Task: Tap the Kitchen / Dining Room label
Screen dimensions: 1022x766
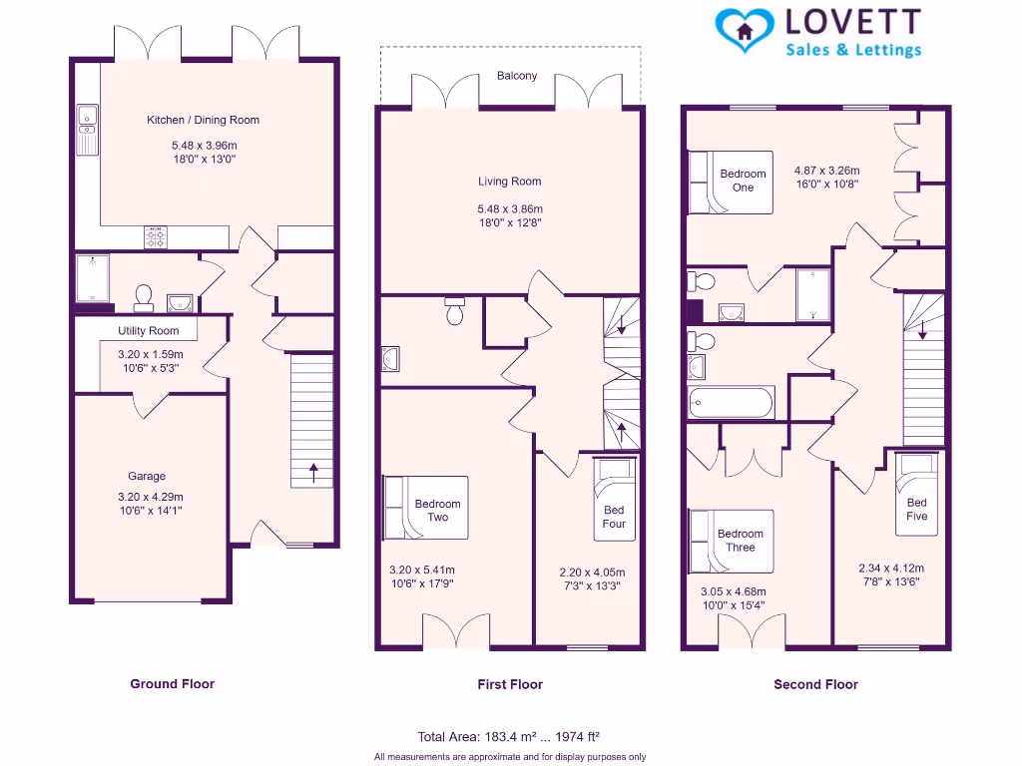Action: click(203, 120)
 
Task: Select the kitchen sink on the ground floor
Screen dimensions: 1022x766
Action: click(88, 131)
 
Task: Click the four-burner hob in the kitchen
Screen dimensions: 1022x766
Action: click(155, 237)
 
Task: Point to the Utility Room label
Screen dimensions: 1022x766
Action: click(148, 331)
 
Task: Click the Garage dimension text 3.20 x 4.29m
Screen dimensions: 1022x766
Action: click(151, 497)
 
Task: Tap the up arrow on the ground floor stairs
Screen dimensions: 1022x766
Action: click(313, 472)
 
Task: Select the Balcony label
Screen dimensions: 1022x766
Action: click(517, 76)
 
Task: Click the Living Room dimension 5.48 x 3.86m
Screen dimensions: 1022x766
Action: click(510, 209)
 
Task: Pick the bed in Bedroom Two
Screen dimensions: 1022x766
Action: click(425, 508)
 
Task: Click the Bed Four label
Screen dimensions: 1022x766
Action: click(614, 517)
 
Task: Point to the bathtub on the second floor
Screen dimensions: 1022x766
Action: click(732, 402)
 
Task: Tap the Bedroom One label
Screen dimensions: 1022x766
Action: click(743, 181)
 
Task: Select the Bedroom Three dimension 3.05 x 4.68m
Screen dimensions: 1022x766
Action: click(734, 592)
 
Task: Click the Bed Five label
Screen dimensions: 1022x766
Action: click(916, 510)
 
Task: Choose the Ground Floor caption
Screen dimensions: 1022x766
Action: click(172, 684)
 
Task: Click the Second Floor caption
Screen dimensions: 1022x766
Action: click(815, 684)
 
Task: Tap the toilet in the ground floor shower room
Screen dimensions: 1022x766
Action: click(144, 298)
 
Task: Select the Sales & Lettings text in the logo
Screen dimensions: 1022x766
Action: click(853, 50)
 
